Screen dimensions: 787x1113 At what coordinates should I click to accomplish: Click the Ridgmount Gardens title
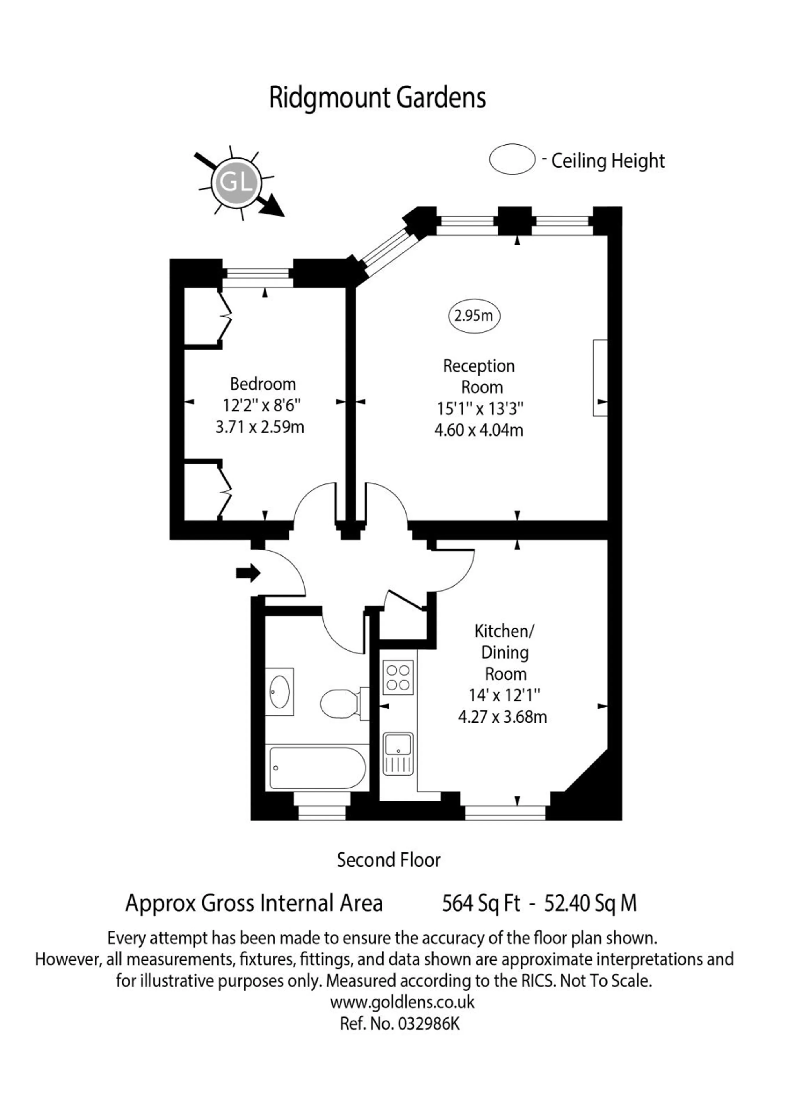(377, 99)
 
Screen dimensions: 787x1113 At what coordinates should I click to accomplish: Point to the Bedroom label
(263, 384)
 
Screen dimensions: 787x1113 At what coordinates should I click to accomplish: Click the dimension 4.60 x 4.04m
(479, 430)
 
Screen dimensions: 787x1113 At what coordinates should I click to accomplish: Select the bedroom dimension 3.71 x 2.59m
(260, 427)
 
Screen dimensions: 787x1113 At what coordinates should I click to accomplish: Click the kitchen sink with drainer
(398, 754)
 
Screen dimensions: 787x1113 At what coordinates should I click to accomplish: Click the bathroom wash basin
(279, 691)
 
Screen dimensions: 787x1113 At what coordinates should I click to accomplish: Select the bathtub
(318, 768)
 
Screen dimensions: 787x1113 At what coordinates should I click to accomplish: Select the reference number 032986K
(428, 1023)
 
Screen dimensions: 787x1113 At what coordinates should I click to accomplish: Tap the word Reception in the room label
(479, 366)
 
